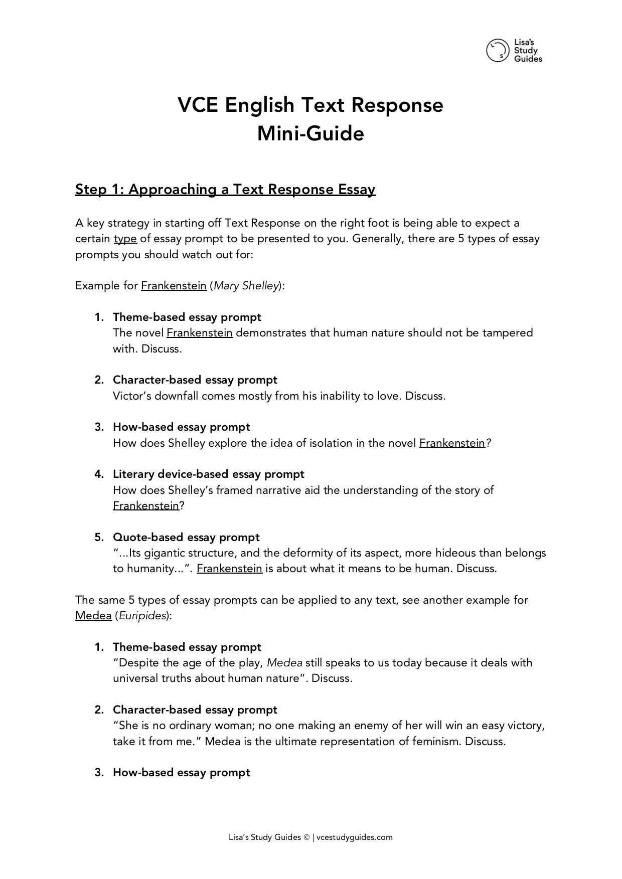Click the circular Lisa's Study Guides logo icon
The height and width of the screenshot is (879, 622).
point(497,51)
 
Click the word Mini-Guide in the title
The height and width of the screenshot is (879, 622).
point(310,134)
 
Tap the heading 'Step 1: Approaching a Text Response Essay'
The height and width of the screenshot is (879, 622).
point(225,190)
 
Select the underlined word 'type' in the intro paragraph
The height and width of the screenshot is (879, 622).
point(125,239)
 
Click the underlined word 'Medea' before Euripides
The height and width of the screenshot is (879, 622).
point(93,616)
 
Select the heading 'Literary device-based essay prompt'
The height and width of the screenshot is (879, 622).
point(209,474)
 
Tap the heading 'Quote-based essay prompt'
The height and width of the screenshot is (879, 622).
point(186,537)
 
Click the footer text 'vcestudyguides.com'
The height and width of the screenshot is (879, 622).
point(355,837)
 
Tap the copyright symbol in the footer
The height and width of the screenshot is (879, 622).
point(306,837)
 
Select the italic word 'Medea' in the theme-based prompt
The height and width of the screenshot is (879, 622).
point(284,663)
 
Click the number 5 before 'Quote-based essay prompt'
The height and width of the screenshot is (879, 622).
point(98,537)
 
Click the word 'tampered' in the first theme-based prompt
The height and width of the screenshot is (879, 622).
point(507,333)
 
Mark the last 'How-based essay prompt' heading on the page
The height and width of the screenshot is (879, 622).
point(181,772)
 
